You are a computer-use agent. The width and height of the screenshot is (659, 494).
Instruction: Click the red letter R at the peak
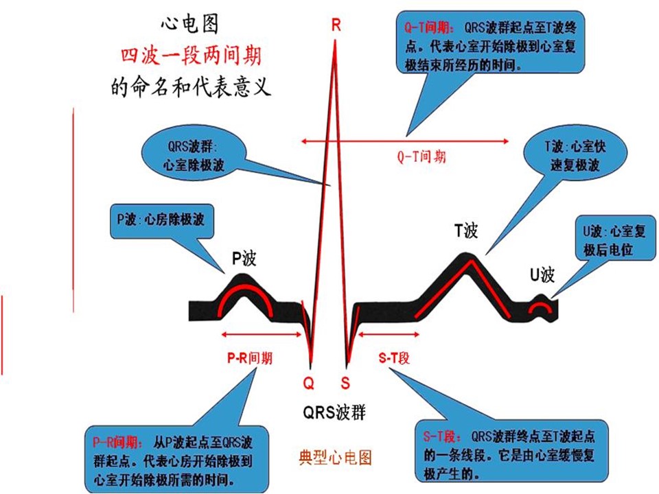point(336,25)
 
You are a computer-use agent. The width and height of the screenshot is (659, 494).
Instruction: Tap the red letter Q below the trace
point(309,383)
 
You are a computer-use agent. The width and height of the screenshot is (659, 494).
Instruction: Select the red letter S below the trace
point(345,383)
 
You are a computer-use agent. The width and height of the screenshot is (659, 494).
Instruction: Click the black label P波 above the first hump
point(244,258)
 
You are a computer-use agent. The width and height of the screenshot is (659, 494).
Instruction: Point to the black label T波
point(465,231)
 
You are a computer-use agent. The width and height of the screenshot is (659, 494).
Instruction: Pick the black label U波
point(542,275)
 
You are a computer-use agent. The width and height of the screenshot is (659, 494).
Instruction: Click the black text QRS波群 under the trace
point(334,412)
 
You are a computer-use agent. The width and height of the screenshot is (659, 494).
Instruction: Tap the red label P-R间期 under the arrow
point(250,358)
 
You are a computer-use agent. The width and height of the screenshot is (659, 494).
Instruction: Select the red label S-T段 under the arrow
point(394,358)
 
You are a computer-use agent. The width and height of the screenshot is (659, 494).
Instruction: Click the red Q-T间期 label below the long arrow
point(421,156)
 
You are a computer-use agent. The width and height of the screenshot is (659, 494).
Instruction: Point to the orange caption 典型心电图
point(336,458)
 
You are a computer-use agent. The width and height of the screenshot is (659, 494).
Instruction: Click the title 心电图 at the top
point(190,25)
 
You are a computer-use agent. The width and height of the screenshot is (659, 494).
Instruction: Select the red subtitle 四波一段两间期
point(192,56)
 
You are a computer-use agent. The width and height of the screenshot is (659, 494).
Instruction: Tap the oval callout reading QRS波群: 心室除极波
point(194,155)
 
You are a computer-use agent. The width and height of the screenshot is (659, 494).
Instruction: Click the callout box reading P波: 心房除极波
point(162,221)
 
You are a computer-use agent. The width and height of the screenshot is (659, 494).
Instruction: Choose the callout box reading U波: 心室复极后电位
point(614,238)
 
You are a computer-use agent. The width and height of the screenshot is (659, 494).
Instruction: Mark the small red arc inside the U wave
point(540,306)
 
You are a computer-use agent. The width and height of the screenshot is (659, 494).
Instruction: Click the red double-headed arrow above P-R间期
point(262,334)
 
